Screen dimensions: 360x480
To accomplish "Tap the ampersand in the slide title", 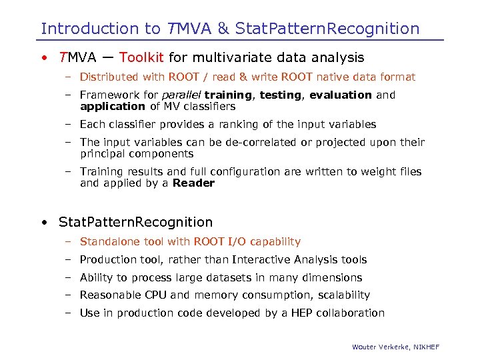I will [x=223, y=29].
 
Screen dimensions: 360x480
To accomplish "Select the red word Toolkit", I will [x=143, y=58].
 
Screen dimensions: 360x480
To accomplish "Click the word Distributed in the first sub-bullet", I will [x=109, y=77].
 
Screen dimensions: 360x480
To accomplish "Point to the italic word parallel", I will [x=182, y=95].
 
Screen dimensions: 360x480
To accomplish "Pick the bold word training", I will [x=229, y=95].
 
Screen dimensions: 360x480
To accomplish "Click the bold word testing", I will [x=280, y=95].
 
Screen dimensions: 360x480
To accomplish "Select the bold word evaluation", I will [x=341, y=95].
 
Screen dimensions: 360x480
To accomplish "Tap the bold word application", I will [x=112, y=107].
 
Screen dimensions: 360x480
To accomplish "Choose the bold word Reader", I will [x=193, y=183].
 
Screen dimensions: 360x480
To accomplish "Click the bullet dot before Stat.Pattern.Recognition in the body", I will [x=43, y=223].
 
